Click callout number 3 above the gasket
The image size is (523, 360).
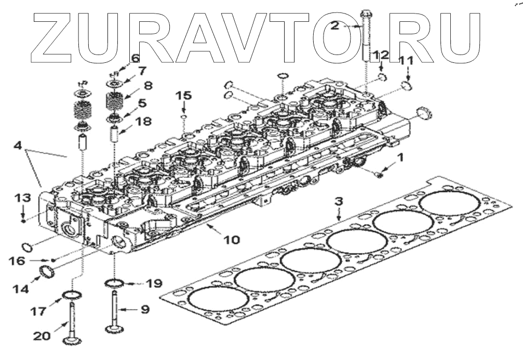click(x=338, y=201)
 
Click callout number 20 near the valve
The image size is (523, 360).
click(x=43, y=336)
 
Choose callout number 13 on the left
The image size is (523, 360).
click(x=23, y=198)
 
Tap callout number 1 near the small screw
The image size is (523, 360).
click(x=400, y=155)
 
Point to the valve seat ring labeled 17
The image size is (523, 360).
click(x=73, y=296)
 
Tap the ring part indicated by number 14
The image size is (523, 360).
click(x=47, y=271)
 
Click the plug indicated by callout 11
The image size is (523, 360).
click(x=407, y=85)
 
